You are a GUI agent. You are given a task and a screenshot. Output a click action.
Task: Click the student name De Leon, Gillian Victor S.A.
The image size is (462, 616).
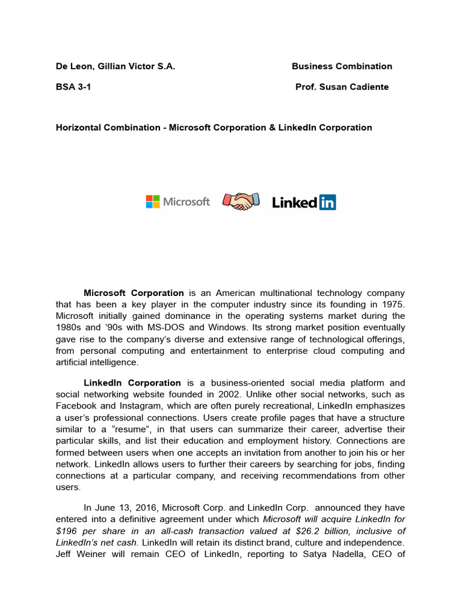pyautogui.click(x=115, y=66)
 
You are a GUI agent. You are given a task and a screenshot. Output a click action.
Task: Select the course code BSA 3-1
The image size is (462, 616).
pyautogui.click(x=74, y=87)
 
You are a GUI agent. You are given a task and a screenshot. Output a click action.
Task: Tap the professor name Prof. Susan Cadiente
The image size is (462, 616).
pyautogui.click(x=342, y=87)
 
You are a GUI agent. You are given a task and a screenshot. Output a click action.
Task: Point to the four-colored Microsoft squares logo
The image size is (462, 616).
pyautogui.click(x=152, y=202)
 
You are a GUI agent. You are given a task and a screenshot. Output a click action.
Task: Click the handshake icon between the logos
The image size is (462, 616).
pyautogui.click(x=241, y=201)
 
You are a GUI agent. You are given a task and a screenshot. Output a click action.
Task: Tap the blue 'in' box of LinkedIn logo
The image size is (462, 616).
pyautogui.click(x=327, y=202)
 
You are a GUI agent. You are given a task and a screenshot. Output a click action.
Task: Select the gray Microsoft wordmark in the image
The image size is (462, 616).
pyautogui.click(x=186, y=202)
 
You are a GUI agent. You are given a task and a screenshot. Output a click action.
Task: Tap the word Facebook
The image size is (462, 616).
pyautogui.click(x=76, y=406)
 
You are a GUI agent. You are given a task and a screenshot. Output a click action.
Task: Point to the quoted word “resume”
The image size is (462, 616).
pyautogui.click(x=131, y=429)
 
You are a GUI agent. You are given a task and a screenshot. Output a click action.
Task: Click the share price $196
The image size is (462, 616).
pyautogui.click(x=67, y=531)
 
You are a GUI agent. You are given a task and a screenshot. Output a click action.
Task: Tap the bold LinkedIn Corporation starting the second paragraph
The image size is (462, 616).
pyautogui.click(x=132, y=383)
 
